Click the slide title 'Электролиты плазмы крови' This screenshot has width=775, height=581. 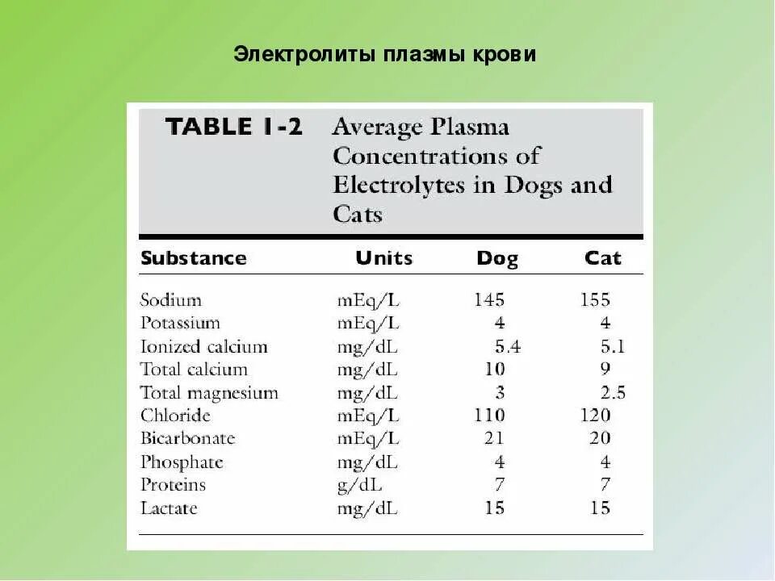tap(385, 55)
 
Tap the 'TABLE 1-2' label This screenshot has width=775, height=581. tap(233, 127)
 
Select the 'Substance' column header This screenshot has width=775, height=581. tap(193, 259)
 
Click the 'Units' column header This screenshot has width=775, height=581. tap(383, 259)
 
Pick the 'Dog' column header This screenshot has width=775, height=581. tap(497, 259)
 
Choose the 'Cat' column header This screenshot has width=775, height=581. tap(603, 259)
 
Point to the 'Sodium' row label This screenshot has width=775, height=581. tap(170, 300)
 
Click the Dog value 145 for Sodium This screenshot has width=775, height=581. tap(489, 300)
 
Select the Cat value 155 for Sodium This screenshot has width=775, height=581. tap(596, 300)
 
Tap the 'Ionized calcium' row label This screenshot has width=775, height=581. tap(203, 347)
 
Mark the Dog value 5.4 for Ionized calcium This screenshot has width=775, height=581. tap(507, 347)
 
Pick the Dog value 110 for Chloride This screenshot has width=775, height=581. tap(489, 416)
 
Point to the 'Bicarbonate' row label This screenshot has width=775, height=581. tap(187, 439)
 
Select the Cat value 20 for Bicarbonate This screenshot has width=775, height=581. tap(600, 439)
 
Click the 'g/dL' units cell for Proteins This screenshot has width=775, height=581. tap(360, 485)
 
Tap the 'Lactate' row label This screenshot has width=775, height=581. tap(169, 508)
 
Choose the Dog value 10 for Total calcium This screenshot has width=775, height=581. tap(495, 370)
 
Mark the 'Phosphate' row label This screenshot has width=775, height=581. tap(182, 462)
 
